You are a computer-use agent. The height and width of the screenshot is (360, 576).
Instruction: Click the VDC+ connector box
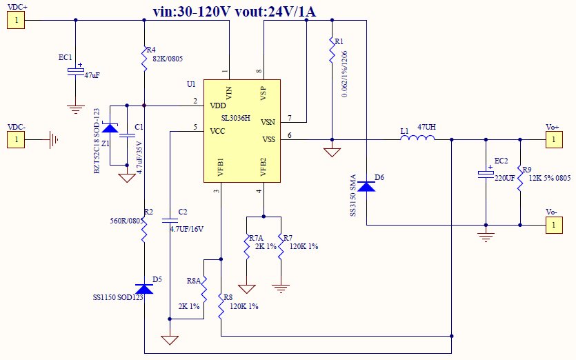pyautogui.click(x=16, y=20)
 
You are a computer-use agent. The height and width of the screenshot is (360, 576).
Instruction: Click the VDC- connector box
pyautogui.click(x=16, y=140)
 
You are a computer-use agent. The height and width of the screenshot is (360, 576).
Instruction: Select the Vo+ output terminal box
pyautogui.click(x=552, y=140)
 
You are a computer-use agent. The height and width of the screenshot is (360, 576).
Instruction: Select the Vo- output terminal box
pyautogui.click(x=552, y=225)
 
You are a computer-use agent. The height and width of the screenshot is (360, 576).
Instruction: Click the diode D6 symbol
pyautogui.click(x=366, y=185)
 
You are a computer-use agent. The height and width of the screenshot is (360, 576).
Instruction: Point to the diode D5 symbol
pyautogui.click(x=144, y=288)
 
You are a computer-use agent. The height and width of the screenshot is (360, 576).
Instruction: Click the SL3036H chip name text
pyautogui.click(x=236, y=118)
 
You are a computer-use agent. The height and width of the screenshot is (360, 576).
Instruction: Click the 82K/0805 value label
pyautogui.click(x=168, y=59)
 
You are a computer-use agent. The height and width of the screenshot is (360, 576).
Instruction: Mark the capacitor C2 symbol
pyautogui.click(x=170, y=221)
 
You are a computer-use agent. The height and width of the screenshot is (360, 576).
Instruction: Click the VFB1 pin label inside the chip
pyautogui.click(x=220, y=169)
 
